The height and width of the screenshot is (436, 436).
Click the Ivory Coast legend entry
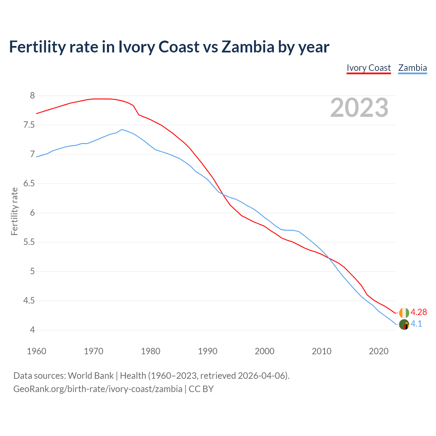(369, 68)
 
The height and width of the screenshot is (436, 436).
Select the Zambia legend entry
(412, 68)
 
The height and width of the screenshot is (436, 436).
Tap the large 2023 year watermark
(359, 108)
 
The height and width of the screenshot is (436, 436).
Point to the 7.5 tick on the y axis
(29, 125)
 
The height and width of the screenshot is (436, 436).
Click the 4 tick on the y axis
(32, 330)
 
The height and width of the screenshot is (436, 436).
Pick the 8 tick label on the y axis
(32, 96)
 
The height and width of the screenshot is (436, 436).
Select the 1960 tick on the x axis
(36, 351)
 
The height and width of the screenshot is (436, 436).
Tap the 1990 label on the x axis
(207, 351)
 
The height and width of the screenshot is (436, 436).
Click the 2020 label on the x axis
(378, 351)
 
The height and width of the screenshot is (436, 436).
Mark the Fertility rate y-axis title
(14, 211)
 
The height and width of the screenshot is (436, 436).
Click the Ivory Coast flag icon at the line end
(404, 312)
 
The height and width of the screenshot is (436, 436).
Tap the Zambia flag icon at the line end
(404, 324)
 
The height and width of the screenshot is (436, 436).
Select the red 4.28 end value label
(419, 312)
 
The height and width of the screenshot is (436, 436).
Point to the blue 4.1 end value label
(416, 324)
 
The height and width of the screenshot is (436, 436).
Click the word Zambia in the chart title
(248, 47)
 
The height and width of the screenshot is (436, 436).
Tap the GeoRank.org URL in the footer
(98, 389)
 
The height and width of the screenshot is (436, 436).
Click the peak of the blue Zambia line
(122, 129)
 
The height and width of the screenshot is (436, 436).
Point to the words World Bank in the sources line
(91, 376)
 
